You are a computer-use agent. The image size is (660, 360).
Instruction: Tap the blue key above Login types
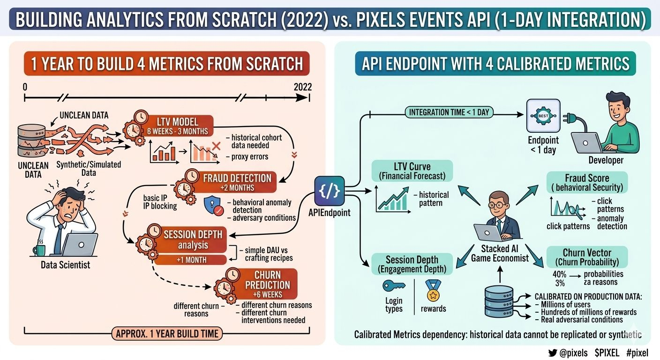tap(394, 285)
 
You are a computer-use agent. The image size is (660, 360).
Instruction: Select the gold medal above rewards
tap(433, 290)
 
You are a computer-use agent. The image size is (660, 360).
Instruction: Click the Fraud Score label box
tap(587, 182)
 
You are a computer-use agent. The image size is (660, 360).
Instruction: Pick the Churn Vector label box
tap(586, 257)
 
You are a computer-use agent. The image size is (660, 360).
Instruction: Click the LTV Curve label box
tap(412, 171)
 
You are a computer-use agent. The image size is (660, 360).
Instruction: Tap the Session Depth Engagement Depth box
tap(412, 264)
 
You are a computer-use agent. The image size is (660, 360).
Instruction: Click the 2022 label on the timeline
tap(302, 87)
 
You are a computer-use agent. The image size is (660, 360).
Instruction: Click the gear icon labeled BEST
tap(543, 115)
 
